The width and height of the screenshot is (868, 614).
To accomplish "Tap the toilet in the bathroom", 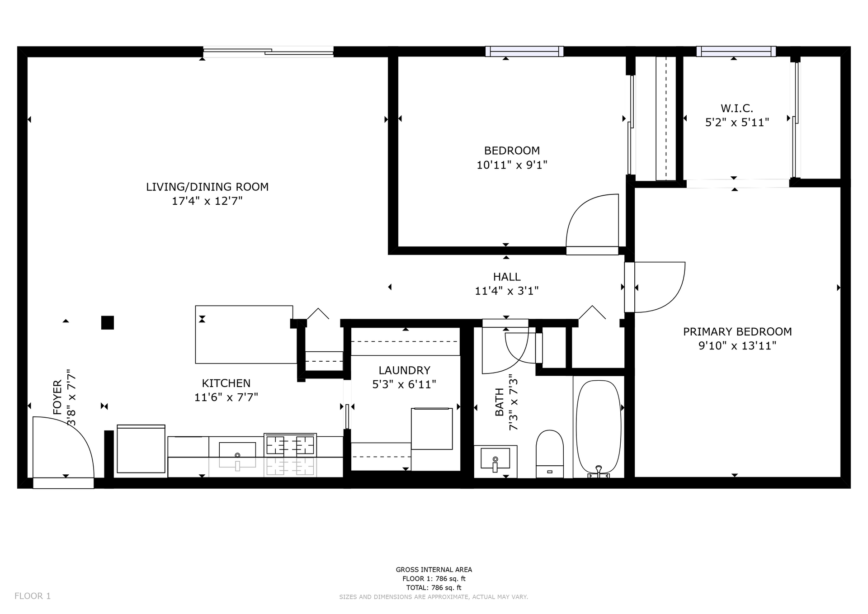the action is (x=550, y=453).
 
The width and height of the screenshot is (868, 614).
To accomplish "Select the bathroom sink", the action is (x=495, y=460).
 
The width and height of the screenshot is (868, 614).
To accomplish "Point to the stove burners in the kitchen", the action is (x=290, y=444).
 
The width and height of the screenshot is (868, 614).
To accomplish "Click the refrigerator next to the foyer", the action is (x=141, y=449).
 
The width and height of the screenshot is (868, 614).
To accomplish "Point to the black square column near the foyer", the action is (x=108, y=322).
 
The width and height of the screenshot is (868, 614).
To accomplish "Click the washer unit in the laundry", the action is (x=432, y=429).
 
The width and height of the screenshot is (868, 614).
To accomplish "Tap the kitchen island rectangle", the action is (x=244, y=335).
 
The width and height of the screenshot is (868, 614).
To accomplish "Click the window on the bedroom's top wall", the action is (x=524, y=51).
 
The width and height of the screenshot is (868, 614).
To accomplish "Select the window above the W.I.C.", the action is (x=736, y=51).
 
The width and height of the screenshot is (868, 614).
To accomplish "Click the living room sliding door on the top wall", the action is (x=268, y=52).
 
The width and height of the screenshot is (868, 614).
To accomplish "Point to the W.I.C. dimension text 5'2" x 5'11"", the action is (x=737, y=123).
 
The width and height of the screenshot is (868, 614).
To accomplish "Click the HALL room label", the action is (x=507, y=277).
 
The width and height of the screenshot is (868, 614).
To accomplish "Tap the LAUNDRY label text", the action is (x=405, y=370).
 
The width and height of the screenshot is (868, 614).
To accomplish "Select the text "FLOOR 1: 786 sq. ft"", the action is (x=434, y=579).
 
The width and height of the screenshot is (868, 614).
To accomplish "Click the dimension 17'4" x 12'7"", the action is (x=207, y=201).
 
